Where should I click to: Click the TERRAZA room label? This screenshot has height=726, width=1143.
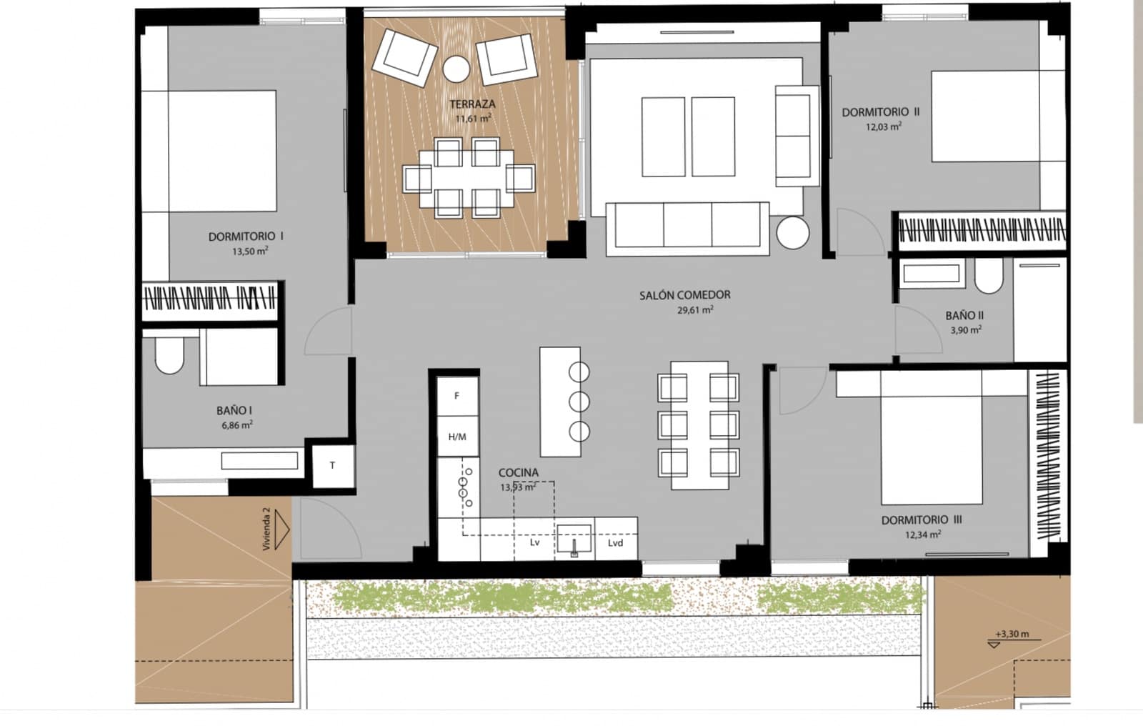[x=472, y=104]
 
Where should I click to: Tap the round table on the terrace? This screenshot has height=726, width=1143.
[x=456, y=69]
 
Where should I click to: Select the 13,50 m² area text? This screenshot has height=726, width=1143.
[x=249, y=252]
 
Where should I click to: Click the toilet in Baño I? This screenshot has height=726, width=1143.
[x=170, y=355]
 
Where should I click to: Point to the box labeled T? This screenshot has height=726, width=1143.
[x=333, y=466]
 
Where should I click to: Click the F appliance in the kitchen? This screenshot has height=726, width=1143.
[x=457, y=396]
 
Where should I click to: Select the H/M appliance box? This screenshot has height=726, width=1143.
[x=457, y=437]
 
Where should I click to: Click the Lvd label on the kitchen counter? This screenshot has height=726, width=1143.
[x=615, y=543]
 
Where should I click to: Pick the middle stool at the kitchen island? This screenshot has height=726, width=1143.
[x=579, y=402]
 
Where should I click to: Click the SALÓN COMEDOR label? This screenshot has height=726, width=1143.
[x=684, y=294]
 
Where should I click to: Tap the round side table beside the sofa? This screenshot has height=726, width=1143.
[x=792, y=233]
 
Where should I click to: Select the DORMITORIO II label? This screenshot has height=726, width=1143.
[x=880, y=112]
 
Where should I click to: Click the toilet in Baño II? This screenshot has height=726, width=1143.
[x=989, y=277]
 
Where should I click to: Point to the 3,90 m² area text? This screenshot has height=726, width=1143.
[x=965, y=330]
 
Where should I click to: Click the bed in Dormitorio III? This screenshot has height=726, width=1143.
[x=932, y=443]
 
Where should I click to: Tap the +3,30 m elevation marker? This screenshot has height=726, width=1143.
[x=1012, y=635]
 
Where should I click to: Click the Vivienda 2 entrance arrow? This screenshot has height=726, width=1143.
[x=280, y=529]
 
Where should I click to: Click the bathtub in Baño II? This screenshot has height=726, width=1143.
[x=932, y=273]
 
